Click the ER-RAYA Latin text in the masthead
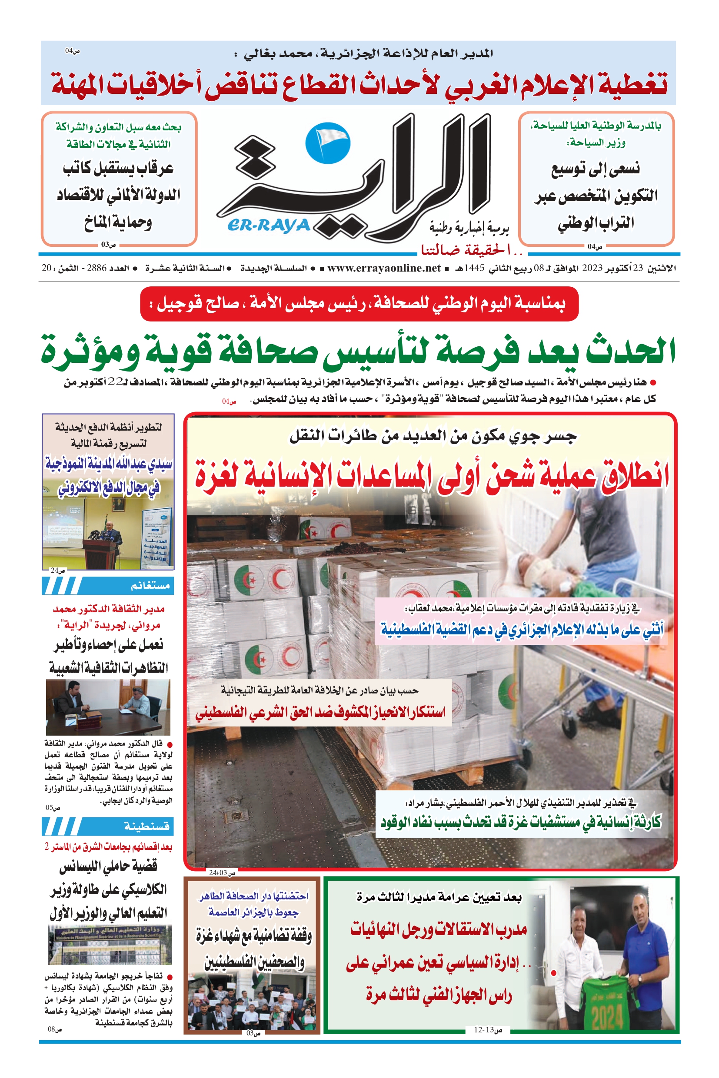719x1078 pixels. click(269, 225)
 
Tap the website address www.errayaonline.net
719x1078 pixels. click(384, 268)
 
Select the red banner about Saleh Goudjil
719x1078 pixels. click(359, 303)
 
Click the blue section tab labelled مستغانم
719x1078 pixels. click(108, 585)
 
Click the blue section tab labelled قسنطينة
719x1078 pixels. click(108, 826)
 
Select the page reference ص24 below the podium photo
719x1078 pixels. click(58, 571)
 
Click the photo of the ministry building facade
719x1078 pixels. click(110, 945)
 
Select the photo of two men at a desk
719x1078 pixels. click(108, 707)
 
